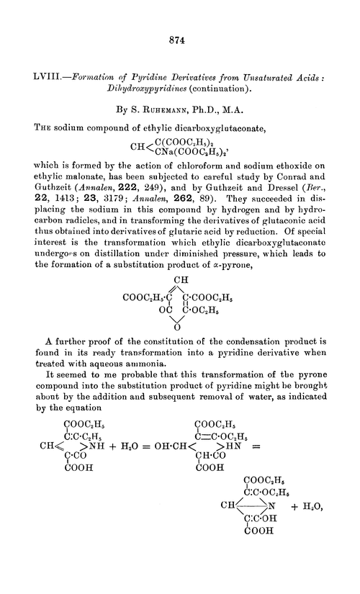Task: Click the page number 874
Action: [x=179, y=40]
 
